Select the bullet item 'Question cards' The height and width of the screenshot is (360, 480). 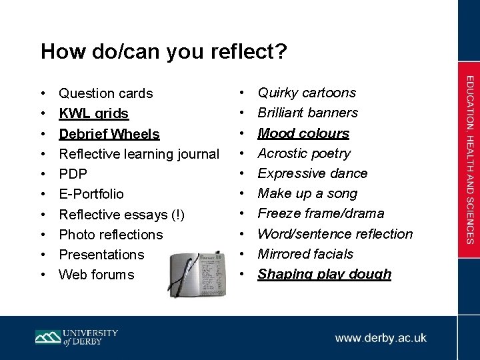106,93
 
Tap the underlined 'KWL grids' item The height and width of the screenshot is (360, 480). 94,113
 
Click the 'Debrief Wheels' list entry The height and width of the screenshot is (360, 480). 109,134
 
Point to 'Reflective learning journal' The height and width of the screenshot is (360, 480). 139,154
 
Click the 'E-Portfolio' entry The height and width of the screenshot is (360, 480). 91,194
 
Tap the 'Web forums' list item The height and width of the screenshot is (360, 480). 97,275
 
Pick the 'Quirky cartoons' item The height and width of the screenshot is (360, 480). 307,93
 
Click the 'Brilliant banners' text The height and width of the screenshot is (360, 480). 307,113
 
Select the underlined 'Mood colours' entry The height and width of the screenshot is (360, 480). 303,133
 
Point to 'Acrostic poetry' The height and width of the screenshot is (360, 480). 303,153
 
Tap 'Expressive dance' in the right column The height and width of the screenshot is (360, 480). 312,173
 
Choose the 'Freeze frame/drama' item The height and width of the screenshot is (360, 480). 321,213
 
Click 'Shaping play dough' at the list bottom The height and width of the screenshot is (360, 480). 325,274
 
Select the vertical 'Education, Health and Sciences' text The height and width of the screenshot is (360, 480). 469,159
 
